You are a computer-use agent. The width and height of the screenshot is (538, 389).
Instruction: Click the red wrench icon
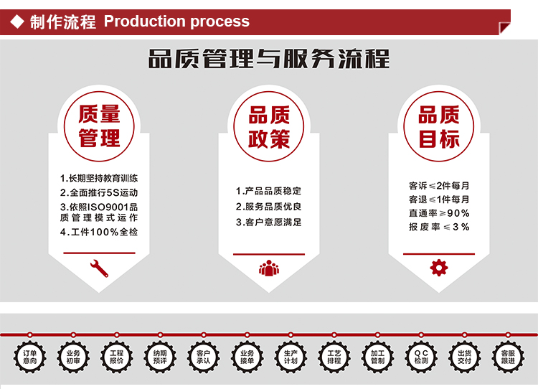99,268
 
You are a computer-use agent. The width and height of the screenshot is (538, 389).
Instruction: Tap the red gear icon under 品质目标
438,268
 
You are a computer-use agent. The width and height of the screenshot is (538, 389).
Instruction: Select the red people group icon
269,268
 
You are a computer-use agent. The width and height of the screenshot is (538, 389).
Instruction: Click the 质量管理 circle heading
99,126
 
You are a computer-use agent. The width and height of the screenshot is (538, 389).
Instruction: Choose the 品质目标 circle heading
438,126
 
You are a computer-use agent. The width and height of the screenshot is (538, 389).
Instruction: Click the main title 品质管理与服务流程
269,59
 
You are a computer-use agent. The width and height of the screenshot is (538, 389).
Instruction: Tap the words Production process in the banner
176,22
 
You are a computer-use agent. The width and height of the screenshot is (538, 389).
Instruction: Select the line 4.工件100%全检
99,233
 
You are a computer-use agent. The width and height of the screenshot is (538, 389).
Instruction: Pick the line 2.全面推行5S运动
99,192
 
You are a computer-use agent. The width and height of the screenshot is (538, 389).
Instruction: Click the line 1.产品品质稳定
269,191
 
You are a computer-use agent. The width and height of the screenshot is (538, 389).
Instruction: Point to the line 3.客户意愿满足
269,222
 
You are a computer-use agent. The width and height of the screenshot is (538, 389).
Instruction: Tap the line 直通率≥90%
439,213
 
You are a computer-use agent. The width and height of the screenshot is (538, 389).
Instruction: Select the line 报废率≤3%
439,227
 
